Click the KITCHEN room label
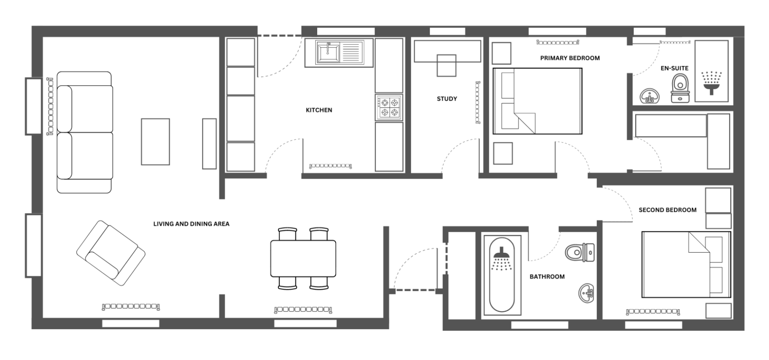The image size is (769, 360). (319, 110)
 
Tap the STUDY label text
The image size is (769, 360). (447, 99)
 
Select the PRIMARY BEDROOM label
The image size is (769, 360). (570, 58)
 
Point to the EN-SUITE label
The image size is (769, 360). (674, 68)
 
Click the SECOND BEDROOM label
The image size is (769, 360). (667, 210)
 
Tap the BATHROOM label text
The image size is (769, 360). (547, 277)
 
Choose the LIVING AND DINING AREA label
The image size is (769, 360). (191, 224)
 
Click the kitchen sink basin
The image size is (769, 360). (328, 53)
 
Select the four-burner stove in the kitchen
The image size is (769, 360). (389, 107)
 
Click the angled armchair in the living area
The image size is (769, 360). (111, 253)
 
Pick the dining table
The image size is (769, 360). (303, 258)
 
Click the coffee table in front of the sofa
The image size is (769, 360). (155, 141)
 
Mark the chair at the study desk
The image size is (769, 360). (446, 65)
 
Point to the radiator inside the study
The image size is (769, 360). (478, 102)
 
